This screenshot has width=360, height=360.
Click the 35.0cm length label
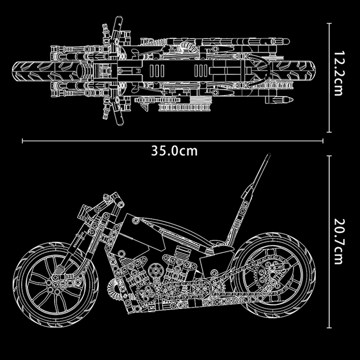pyautogui.click(x=174, y=151)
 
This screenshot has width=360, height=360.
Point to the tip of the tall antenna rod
pyautogui.click(x=269, y=156)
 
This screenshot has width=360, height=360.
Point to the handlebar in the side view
pyautogui.click(x=110, y=198)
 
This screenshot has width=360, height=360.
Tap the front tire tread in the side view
pyautogui.click(x=20, y=279)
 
